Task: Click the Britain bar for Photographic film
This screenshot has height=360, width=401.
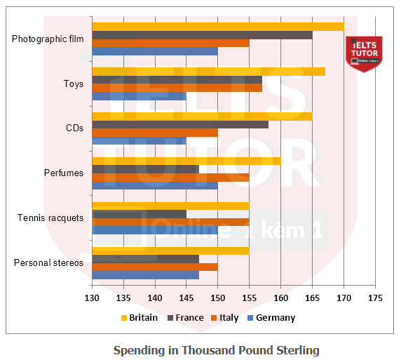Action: [x=217, y=27]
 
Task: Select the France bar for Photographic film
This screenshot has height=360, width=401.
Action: [x=202, y=35]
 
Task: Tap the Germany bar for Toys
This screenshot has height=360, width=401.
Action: [x=139, y=96]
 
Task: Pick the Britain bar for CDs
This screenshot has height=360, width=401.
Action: [x=202, y=116]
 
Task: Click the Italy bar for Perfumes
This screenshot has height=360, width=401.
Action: [x=170, y=178]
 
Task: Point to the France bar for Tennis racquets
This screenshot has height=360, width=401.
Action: [x=139, y=213]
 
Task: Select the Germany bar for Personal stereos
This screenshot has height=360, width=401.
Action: [x=145, y=275]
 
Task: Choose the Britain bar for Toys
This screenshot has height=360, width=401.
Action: [x=208, y=71]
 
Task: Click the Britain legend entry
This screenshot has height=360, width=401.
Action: [x=140, y=317]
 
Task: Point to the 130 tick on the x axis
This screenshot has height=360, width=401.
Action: [x=92, y=297]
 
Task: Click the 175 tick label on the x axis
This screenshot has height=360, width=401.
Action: [x=375, y=297]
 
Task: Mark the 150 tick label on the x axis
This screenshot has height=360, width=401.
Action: [x=217, y=297]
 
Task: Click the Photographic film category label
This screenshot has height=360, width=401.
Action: [x=48, y=39]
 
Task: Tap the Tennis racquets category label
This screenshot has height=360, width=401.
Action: [x=50, y=218]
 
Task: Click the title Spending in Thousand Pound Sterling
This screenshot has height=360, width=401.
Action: [x=216, y=349]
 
